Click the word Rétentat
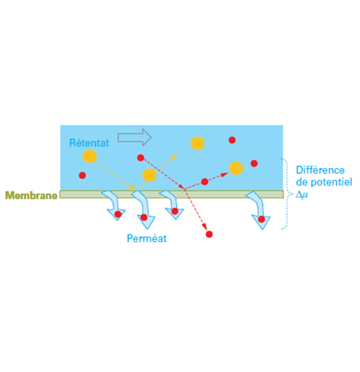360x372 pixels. tap(89, 143)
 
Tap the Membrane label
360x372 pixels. tap(32, 195)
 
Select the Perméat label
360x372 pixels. tap(146, 238)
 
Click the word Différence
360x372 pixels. tap(320, 170)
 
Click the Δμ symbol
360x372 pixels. tap(302, 195)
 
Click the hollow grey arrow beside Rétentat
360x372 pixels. tap(135, 137)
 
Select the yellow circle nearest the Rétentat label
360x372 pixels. tap(89, 156)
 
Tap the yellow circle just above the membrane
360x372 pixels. tap(149, 175)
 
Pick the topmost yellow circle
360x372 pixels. tap(197, 143)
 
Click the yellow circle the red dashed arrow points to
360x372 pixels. tap(236, 168)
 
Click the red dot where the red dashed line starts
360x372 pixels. tap(140, 157)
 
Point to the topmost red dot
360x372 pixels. tap(232, 140)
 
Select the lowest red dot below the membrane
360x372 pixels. tap(209, 234)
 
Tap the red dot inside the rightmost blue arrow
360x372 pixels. tap(261, 219)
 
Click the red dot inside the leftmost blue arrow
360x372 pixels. tap(118, 215)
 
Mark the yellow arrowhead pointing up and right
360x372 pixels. tap(175, 156)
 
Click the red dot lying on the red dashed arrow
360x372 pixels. tap(205, 182)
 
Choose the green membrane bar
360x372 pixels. tap(171, 194)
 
